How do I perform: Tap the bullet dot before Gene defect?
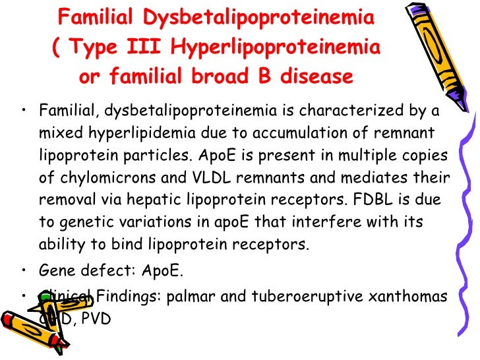(24, 270)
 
